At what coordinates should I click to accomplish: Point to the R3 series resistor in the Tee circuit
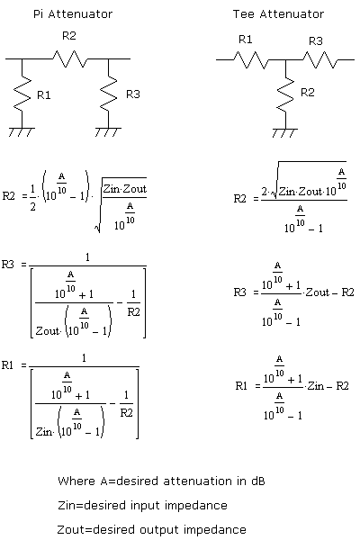[318, 59]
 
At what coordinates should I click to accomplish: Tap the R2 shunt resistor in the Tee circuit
[284, 94]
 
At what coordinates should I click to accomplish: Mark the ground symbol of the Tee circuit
[284, 132]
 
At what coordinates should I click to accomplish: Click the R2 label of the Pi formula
[11, 194]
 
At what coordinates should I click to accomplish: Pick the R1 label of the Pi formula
[11, 364]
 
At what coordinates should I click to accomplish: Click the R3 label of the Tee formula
[239, 292]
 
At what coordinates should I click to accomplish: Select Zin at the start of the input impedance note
[66, 505]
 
